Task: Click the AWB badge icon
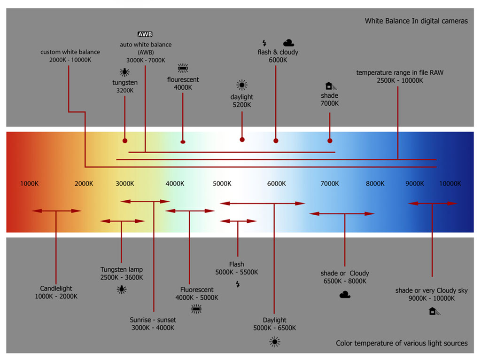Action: [145, 34]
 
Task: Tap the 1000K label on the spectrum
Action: [29, 184]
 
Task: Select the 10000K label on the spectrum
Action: [450, 184]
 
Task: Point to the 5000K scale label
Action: [222, 184]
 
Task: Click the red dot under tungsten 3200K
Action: [124, 141]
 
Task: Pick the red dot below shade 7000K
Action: [330, 141]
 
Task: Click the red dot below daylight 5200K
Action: [242, 140]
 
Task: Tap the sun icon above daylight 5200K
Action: [242, 85]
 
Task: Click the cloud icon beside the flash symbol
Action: [289, 43]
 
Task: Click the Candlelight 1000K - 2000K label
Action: [56, 292]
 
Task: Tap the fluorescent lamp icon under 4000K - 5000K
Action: [196, 309]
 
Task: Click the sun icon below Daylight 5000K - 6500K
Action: [275, 342]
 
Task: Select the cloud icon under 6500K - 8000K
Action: [345, 295]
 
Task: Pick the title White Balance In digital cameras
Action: [416, 21]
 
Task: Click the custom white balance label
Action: [70, 52]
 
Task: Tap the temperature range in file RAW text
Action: [400, 73]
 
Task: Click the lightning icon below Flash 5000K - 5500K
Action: [238, 284]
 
